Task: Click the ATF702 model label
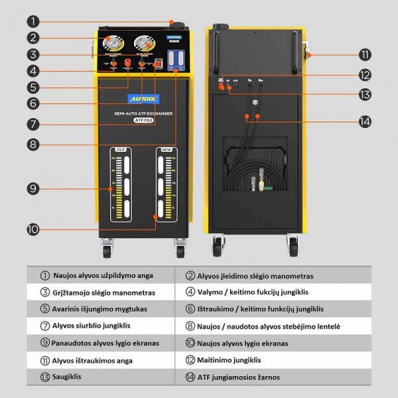click(143, 120)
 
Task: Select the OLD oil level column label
click(121, 150)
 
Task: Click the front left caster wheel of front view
click(106, 250)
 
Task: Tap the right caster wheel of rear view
click(291, 249)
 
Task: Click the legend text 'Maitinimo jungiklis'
click(233, 360)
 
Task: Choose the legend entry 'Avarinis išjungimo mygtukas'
click(94, 309)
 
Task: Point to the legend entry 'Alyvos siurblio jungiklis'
click(87, 326)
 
